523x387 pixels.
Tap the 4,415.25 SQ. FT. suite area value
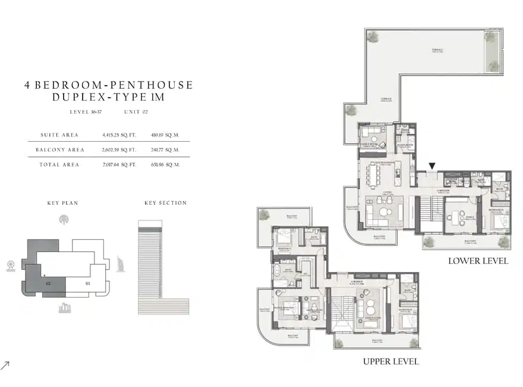point(119,135)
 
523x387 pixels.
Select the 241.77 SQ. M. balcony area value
point(164,149)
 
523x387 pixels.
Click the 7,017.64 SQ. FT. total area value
point(119,164)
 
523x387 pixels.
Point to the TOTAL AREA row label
point(59,164)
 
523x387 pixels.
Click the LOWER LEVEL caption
point(478,261)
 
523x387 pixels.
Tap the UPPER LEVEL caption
point(390,361)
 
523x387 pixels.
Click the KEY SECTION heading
point(165,203)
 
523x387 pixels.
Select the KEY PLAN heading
point(62,203)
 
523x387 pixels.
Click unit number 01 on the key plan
point(88,283)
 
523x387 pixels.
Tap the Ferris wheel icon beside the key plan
point(11,264)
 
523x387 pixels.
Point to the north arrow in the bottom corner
point(6,365)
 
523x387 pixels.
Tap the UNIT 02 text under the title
point(136,112)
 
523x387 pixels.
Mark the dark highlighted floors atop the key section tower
point(149,224)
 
